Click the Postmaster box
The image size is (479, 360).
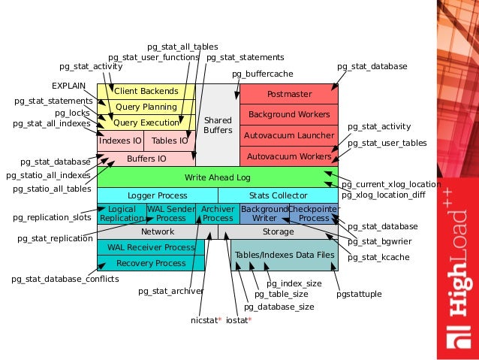[289, 94]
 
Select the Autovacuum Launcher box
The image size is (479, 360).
[289, 136]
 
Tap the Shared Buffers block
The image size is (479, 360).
[218, 125]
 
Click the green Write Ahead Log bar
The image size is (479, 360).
[218, 177]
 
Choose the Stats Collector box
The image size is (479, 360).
[278, 195]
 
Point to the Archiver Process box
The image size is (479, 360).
[218, 213]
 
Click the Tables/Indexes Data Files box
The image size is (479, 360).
[285, 256]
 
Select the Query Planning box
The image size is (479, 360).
[146, 107]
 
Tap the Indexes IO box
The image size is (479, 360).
[119, 140]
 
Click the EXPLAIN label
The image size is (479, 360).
[68, 86]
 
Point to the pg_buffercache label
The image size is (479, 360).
[262, 74]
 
